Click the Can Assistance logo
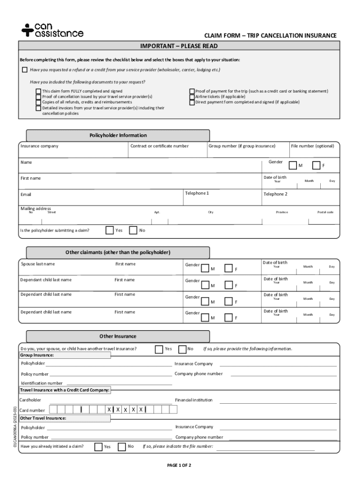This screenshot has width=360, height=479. pyautogui.click(x=52, y=30)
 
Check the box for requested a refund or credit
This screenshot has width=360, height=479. pyautogui.click(x=25, y=70)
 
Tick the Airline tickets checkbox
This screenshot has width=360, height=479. pyautogui.click(x=192, y=97)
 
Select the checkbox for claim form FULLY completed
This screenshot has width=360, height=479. pyautogui.click(x=38, y=91)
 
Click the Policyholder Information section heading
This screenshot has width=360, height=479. pyautogui.click(x=118, y=135)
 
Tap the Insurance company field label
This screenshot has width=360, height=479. pyautogui.click(x=39, y=146)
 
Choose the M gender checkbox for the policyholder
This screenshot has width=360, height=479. pyautogui.click(x=293, y=165)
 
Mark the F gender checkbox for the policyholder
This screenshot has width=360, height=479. pyautogui.click(x=316, y=165)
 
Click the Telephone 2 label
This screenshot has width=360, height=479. pyautogui.click(x=275, y=194)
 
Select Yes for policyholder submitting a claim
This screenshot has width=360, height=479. pyautogui.click(x=109, y=230)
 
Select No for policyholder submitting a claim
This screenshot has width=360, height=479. pyautogui.click(x=133, y=230)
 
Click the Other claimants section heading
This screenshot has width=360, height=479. pyautogui.click(x=118, y=253)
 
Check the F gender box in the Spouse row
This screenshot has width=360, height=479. pyautogui.click(x=229, y=268)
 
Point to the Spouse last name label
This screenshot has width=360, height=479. pyautogui.click(x=37, y=264)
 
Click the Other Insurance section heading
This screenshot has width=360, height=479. pyautogui.click(x=118, y=336)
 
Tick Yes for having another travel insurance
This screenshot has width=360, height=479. pyautogui.click(x=159, y=349)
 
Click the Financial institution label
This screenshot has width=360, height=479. pyautogui.click(x=194, y=400)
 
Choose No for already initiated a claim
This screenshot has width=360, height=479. pyautogui.click(x=122, y=446)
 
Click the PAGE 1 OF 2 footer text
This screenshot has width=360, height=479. pyautogui.click(x=180, y=465)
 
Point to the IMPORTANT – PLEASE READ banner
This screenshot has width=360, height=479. pyautogui.click(x=179, y=46)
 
